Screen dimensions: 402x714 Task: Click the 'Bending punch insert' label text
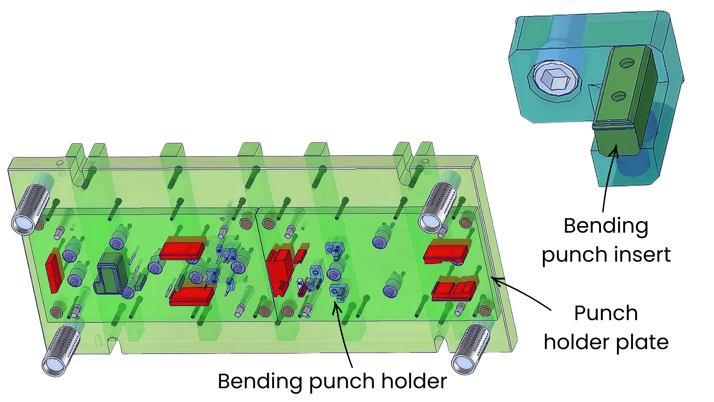(x=606, y=240)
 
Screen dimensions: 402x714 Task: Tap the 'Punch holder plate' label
(x=606, y=328)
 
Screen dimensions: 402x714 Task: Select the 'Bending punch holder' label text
(x=332, y=381)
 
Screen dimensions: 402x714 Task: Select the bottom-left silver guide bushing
(x=61, y=350)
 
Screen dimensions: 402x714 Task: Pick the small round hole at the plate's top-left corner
(x=59, y=162)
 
